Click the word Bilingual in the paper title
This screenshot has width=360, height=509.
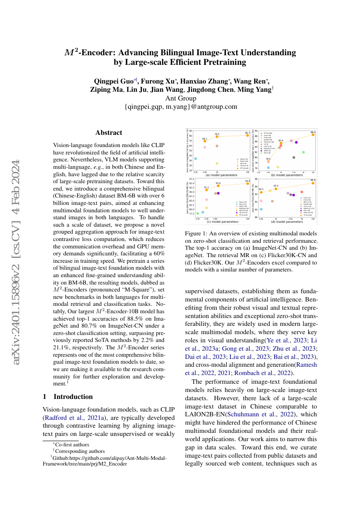tap(181, 53)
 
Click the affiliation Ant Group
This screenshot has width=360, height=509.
tap(180, 98)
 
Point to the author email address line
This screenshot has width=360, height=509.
tap(180, 107)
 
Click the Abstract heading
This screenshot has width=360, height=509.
tap(109, 133)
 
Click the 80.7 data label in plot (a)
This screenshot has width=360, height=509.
tap(248, 133)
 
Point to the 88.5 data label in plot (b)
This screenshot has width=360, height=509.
tap(313, 132)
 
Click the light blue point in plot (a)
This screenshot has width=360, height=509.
tap(196, 159)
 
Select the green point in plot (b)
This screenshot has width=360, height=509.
tap(303, 152)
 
